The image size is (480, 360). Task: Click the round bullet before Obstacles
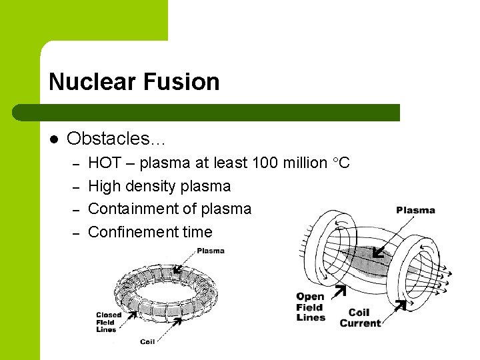pyautogui.click(x=54, y=139)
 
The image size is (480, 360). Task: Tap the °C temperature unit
pyautogui.click(x=340, y=163)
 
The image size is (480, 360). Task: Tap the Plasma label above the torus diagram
pyautogui.click(x=211, y=251)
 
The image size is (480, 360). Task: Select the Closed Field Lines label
pyautogui.click(x=108, y=322)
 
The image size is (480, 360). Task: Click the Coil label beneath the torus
pyautogui.click(x=147, y=341)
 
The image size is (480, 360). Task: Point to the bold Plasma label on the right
pyautogui.click(x=415, y=210)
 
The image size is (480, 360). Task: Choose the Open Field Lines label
pyautogui.click(x=311, y=307)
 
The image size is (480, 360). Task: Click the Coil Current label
pyautogui.click(x=360, y=318)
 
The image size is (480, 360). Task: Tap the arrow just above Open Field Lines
pyautogui.click(x=339, y=291)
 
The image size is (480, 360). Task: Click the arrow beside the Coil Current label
pyautogui.click(x=400, y=305)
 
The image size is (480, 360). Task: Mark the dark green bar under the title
pyautogui.click(x=220, y=112)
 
